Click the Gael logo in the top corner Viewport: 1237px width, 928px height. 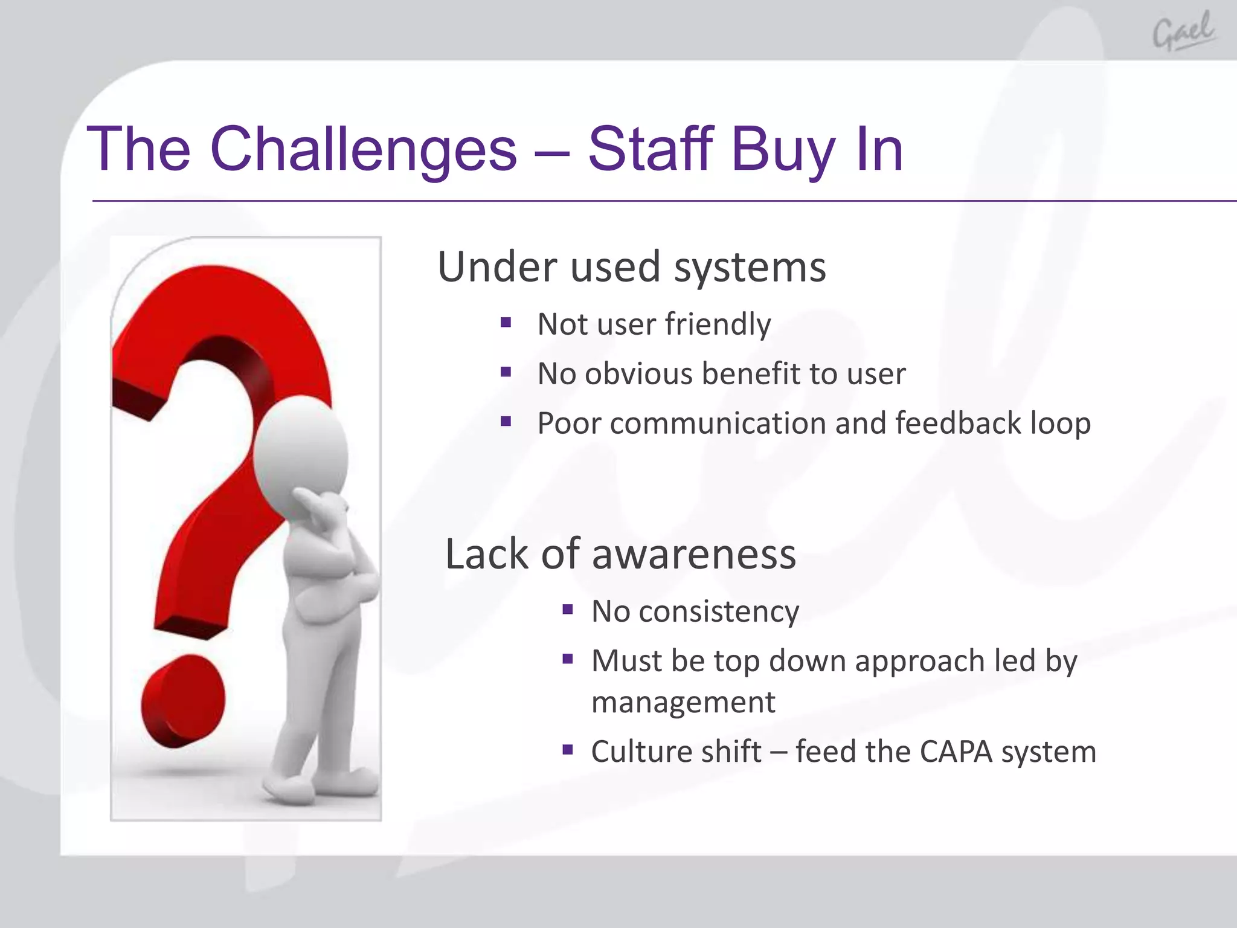[x=1183, y=31]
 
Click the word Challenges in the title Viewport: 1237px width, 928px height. [x=363, y=149]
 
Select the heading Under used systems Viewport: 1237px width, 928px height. [x=631, y=267]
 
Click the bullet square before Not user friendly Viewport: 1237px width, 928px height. [x=506, y=323]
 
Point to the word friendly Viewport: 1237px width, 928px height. [x=718, y=324]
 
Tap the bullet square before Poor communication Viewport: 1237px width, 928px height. [x=506, y=421]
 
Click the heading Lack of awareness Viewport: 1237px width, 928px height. [x=620, y=555]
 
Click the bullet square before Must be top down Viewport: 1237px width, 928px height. [x=567, y=659]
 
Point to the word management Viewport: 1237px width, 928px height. [x=683, y=703]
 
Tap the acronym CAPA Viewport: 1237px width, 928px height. [x=956, y=752]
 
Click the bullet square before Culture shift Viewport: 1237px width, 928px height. [x=567, y=750]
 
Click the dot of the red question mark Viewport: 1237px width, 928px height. [x=183, y=701]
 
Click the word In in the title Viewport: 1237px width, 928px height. [x=879, y=149]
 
